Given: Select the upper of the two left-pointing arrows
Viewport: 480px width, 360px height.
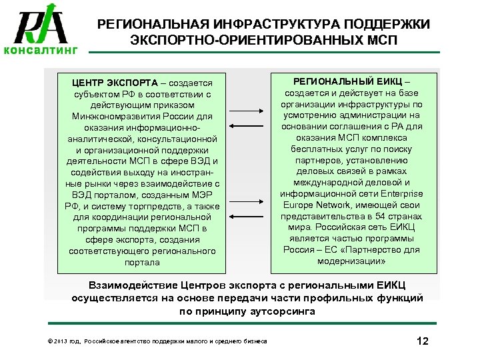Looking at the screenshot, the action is click(x=247, y=125).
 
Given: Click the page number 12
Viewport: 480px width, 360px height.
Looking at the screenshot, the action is click(x=421, y=341).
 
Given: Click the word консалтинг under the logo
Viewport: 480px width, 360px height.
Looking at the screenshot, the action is click(x=41, y=50).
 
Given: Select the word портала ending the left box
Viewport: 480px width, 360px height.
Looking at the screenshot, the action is click(x=142, y=263).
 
